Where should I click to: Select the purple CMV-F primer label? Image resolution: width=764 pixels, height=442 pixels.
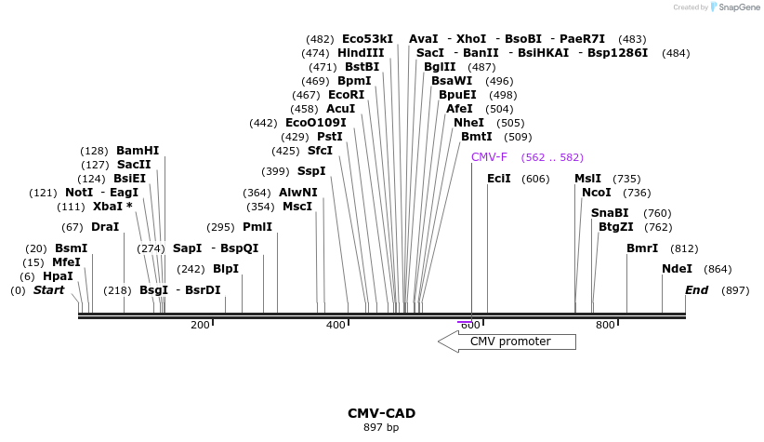[x=489, y=157]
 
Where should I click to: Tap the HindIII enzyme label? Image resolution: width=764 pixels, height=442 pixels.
[x=361, y=53]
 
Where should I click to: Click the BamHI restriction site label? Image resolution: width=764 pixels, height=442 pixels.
[x=138, y=151]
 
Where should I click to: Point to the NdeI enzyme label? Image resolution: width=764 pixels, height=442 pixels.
[x=677, y=269]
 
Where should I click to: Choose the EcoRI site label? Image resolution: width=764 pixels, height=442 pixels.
[x=346, y=95]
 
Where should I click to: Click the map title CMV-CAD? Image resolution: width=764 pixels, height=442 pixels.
[x=381, y=413]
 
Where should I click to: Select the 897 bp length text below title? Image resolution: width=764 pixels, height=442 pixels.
[x=381, y=428]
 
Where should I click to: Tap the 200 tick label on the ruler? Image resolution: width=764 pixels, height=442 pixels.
[x=200, y=325]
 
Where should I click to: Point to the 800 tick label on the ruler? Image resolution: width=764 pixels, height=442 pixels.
[x=605, y=325]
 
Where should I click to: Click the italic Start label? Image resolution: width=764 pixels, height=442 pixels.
[x=49, y=290]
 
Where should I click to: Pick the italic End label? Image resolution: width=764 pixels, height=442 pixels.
[x=696, y=290]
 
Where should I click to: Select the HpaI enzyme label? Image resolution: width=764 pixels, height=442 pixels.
[x=58, y=276]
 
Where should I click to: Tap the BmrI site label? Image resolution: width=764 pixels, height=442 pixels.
[x=642, y=248]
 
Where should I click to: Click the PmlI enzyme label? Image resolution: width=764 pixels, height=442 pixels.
[x=257, y=227]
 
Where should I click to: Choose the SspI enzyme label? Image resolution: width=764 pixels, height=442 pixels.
[x=311, y=171]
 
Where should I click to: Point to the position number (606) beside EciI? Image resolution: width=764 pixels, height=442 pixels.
[x=535, y=179]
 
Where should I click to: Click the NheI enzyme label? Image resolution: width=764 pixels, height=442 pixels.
[x=468, y=123]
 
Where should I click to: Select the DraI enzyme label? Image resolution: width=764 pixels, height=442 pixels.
[x=105, y=227]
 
